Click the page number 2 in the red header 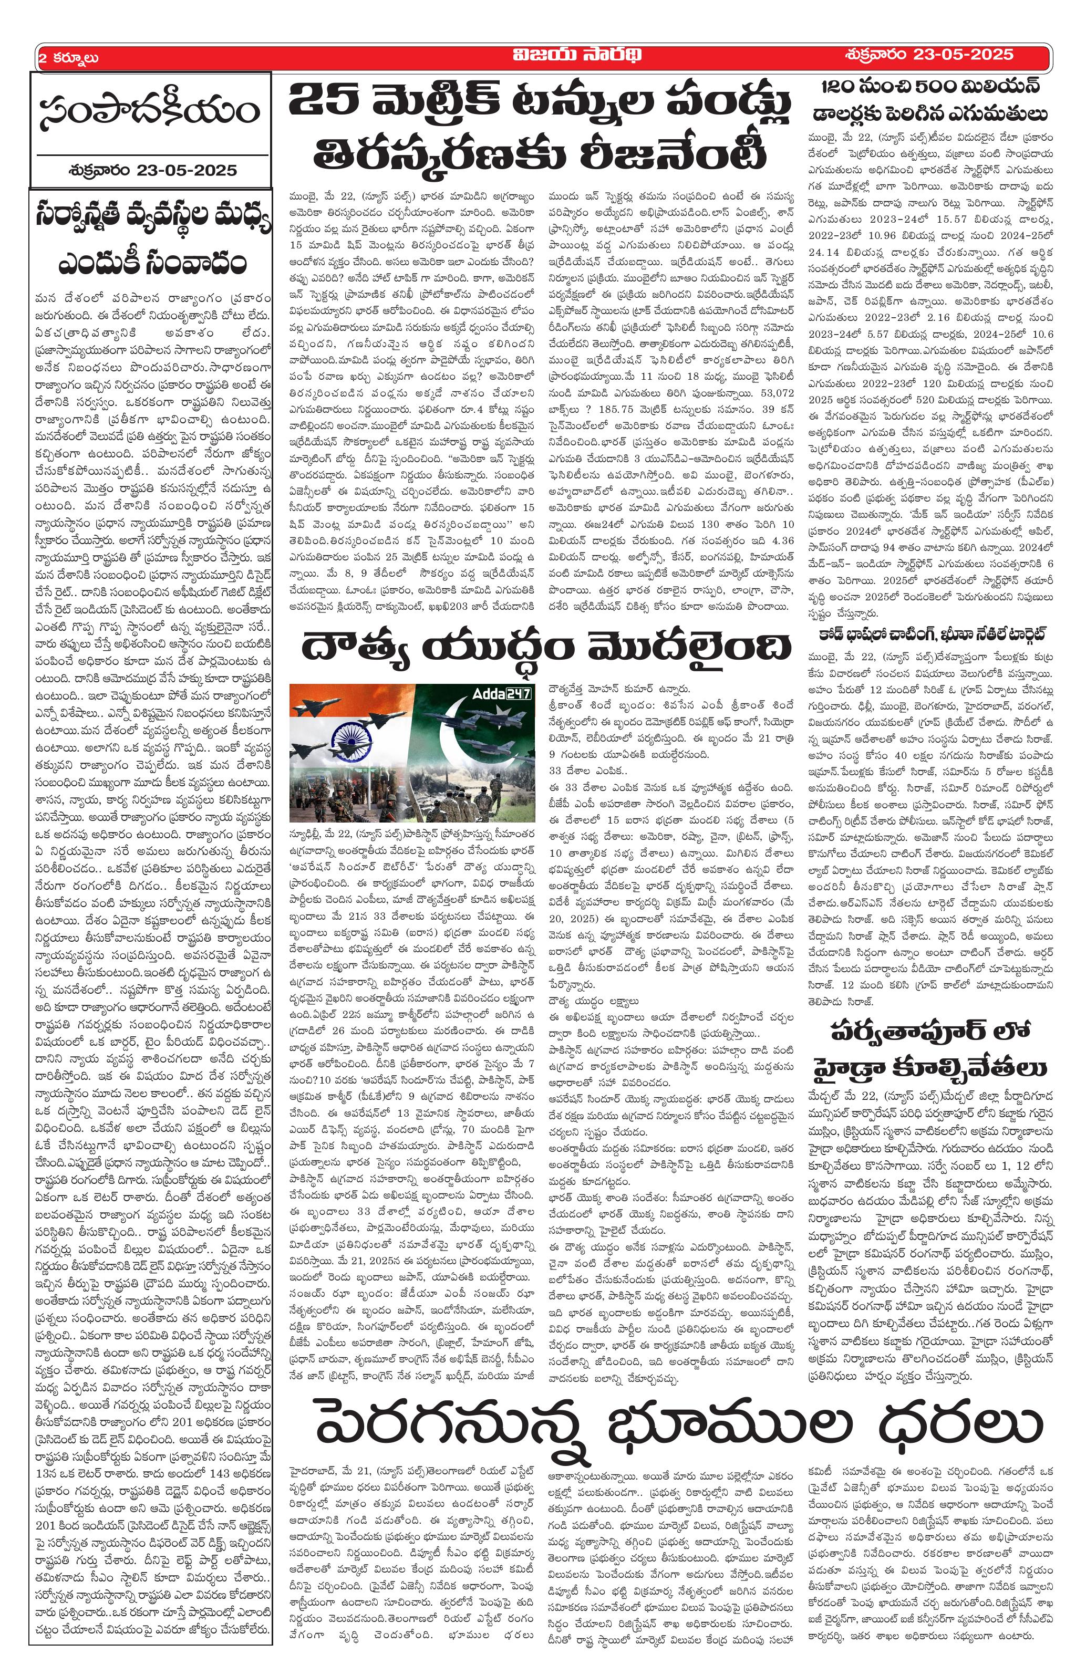[43, 58]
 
